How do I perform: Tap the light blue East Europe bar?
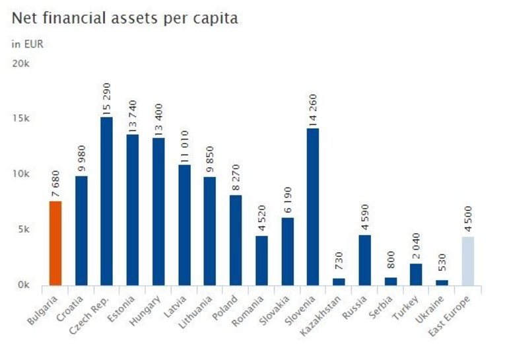pyautogui.click(x=467, y=261)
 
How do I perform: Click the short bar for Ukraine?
pyautogui.click(x=442, y=283)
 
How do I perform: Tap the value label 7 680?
pyautogui.click(x=55, y=186)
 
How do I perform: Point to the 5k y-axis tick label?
pyautogui.click(x=24, y=230)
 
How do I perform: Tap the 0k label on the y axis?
pyautogui.click(x=24, y=285)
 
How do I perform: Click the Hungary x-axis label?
pyautogui.click(x=147, y=306)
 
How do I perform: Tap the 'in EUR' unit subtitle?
pyautogui.click(x=26, y=44)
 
